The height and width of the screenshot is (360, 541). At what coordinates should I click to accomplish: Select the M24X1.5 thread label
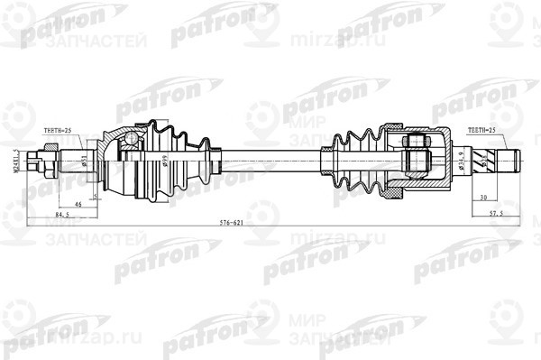tap(17, 162)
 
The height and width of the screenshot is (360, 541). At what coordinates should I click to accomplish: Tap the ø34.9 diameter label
tap(462, 162)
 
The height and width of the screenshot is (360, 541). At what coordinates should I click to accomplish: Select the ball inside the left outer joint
tap(133, 140)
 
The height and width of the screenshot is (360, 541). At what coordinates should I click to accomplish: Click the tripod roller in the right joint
tap(416, 153)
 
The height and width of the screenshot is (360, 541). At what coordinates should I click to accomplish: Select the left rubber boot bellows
tap(180, 162)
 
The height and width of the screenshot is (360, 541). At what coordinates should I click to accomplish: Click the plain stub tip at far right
tap(512, 163)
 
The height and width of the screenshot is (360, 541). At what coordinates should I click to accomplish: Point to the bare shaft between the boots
tap(270, 163)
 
